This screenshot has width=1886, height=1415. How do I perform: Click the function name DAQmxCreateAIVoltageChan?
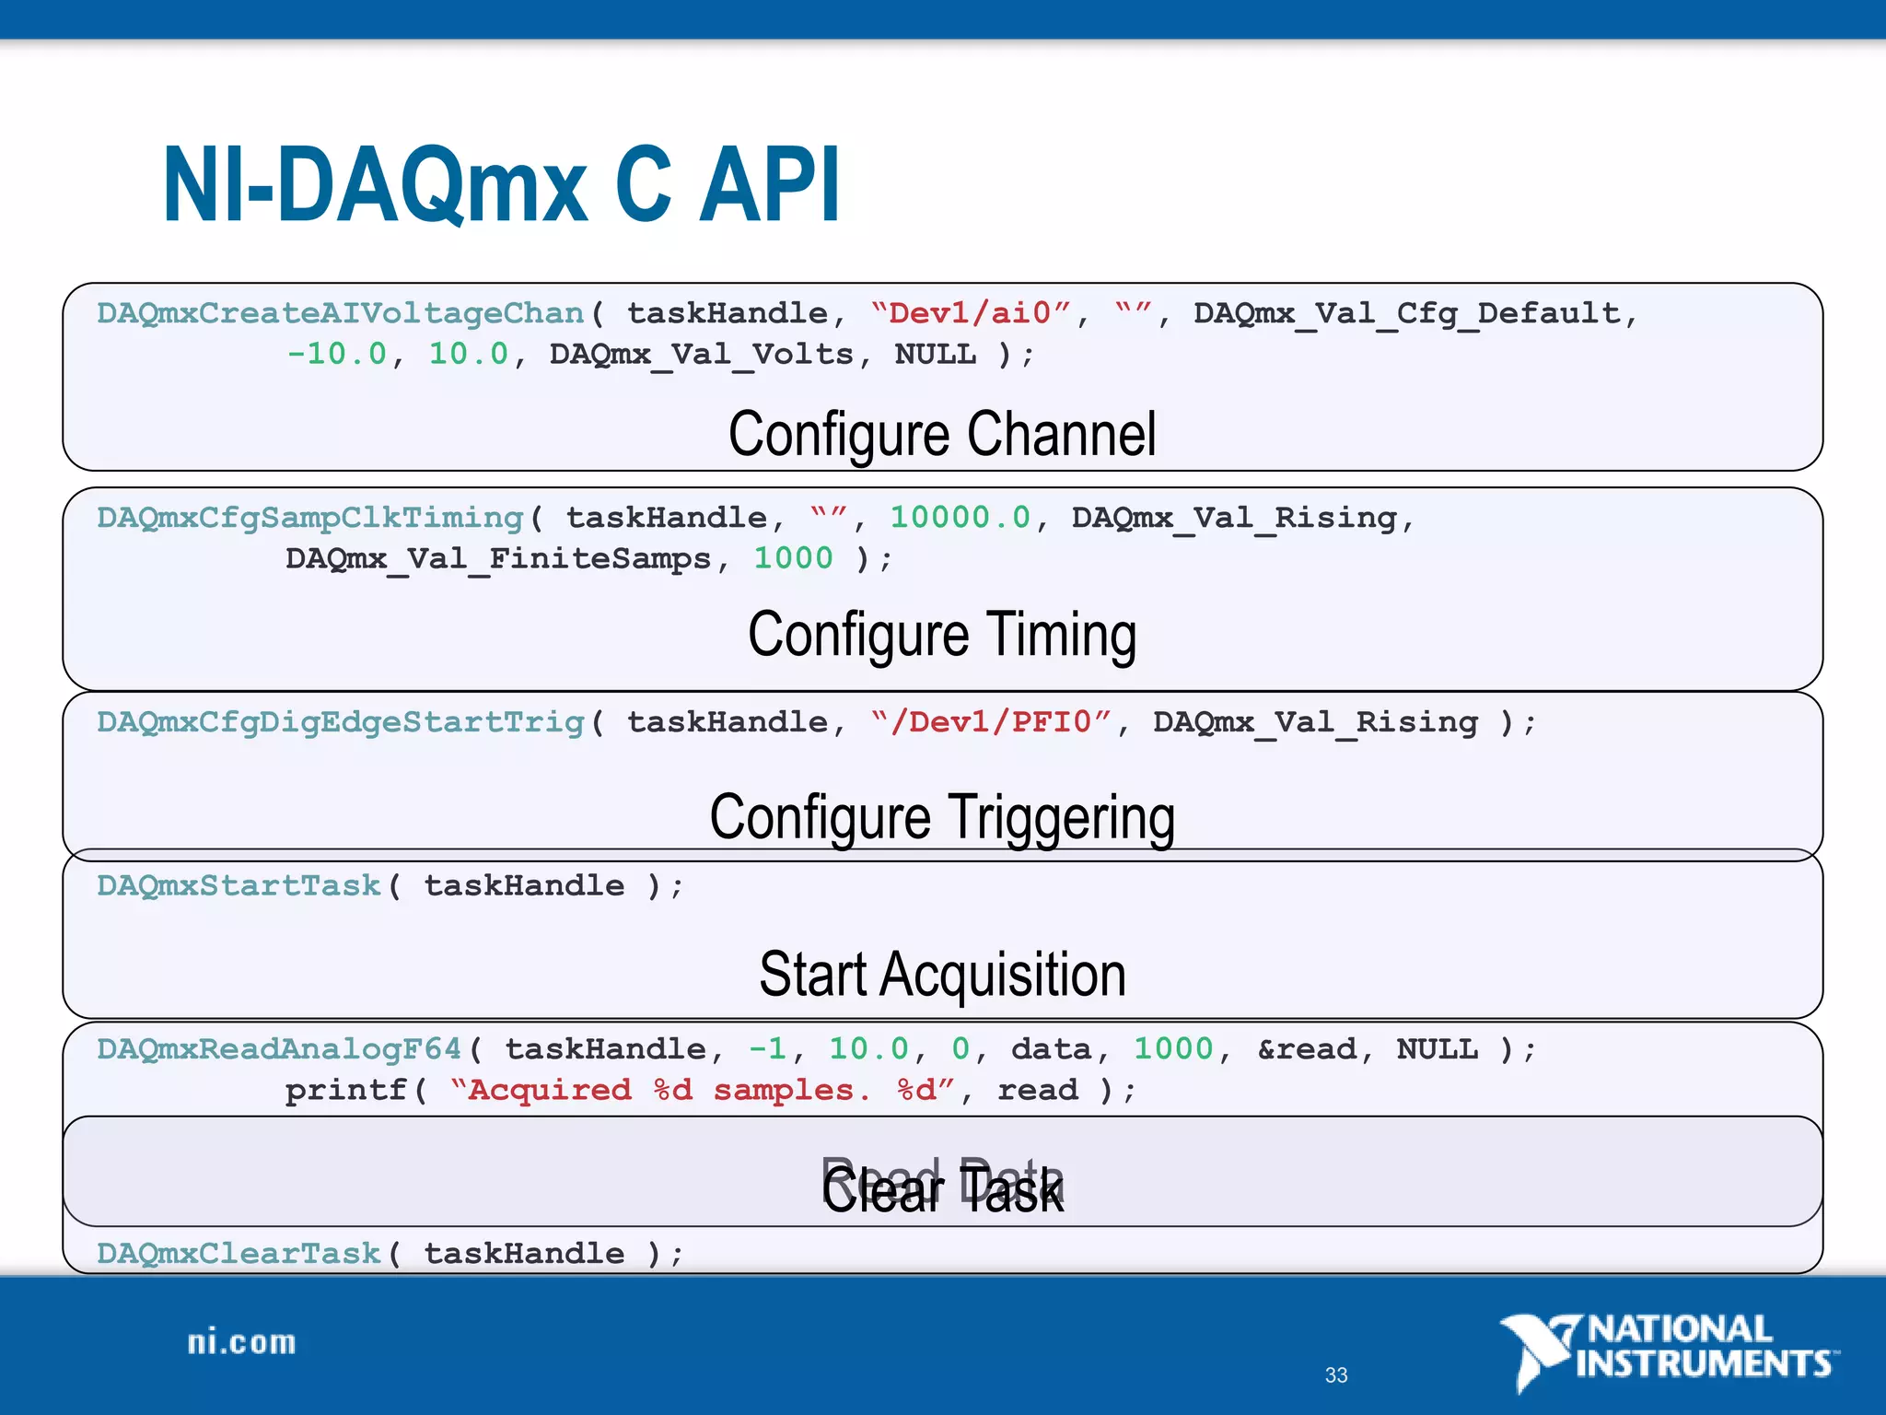[341, 314]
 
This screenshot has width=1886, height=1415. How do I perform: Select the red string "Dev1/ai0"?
[971, 314]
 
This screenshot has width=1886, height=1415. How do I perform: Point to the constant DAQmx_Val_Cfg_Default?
[1407, 314]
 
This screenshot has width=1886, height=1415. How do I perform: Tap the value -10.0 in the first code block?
[337, 355]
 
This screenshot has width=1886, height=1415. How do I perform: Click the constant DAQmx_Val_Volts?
[702, 355]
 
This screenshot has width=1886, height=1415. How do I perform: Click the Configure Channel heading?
[942, 434]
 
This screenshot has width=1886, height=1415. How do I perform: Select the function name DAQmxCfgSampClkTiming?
[310, 519]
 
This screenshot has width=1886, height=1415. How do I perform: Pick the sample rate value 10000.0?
[960, 519]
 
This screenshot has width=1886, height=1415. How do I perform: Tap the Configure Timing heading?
[942, 635]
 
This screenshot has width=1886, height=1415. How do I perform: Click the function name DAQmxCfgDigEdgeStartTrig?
[341, 723]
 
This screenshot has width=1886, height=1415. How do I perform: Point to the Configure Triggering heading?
[942, 817]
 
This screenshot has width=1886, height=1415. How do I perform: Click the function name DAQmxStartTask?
[239, 886]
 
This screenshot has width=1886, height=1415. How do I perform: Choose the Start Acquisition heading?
[942, 975]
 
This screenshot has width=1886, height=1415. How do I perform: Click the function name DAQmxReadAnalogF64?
[279, 1050]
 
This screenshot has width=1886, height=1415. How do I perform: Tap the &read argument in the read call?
[1307, 1050]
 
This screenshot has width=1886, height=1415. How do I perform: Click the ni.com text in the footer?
[241, 1343]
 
